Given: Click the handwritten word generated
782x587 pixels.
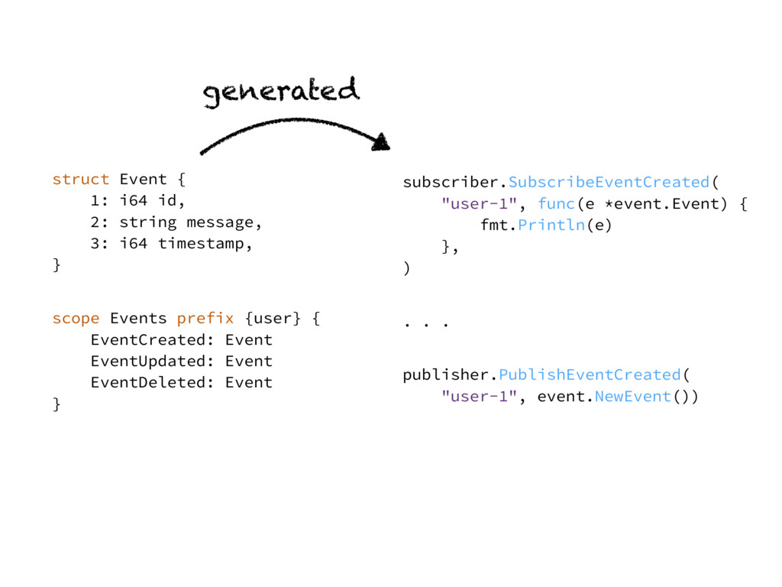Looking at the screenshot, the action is (281, 92).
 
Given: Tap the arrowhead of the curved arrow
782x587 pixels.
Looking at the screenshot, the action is (382, 141).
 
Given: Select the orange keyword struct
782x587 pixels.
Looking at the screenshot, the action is (81, 179).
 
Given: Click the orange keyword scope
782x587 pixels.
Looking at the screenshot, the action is (76, 319).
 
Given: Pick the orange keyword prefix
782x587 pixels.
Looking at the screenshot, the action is (205, 319).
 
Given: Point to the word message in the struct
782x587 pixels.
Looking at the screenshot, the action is (220, 222).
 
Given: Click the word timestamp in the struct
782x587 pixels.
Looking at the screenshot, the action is (201, 244).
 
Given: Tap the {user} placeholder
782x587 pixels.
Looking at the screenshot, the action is (273, 319).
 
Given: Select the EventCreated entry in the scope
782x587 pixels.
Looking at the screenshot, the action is (149, 340).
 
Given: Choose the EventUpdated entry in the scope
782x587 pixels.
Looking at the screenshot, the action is (149, 362).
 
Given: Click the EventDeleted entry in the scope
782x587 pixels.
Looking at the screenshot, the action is (149, 383).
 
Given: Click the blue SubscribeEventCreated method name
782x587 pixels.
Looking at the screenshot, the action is (609, 182).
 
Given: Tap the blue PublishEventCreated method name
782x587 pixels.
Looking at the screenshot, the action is (590, 375).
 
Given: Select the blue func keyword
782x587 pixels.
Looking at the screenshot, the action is (556, 203).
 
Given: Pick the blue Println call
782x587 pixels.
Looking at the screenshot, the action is (551, 225).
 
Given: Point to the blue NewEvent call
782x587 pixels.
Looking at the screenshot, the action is (633, 397).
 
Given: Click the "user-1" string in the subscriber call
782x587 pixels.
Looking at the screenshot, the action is (480, 203).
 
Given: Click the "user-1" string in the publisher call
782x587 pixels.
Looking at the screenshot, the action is (480, 397).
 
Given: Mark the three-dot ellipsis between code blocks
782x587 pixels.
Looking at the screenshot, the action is (426, 325).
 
